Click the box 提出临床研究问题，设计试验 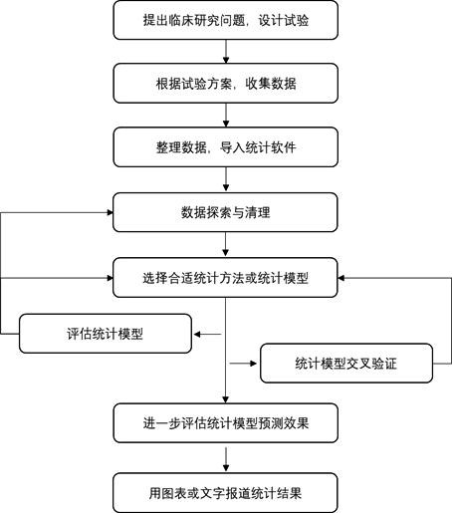226,21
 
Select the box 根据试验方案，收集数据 226,85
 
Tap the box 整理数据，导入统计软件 226,148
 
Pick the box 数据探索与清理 226,212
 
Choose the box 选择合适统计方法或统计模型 226,276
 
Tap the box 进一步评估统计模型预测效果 226,423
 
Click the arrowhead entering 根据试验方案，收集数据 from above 226,62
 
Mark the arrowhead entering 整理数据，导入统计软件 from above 226,126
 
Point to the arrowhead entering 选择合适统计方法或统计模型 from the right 343,276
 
